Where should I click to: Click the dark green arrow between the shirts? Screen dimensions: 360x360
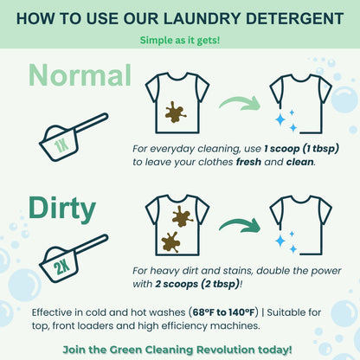click(x=239, y=228)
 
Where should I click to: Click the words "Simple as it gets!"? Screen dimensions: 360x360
click(x=179, y=40)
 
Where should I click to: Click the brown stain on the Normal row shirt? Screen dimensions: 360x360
click(x=176, y=111)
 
